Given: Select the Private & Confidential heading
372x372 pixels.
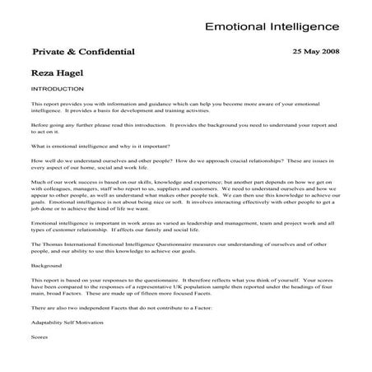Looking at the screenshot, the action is coord(83,51).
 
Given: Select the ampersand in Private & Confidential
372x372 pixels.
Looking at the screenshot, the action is coord(72,51).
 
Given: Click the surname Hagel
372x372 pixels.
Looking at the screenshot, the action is coord(68,72).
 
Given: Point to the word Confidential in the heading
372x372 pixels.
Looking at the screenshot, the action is coord(107,51).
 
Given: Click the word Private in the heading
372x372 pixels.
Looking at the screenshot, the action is coord(48,51).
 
